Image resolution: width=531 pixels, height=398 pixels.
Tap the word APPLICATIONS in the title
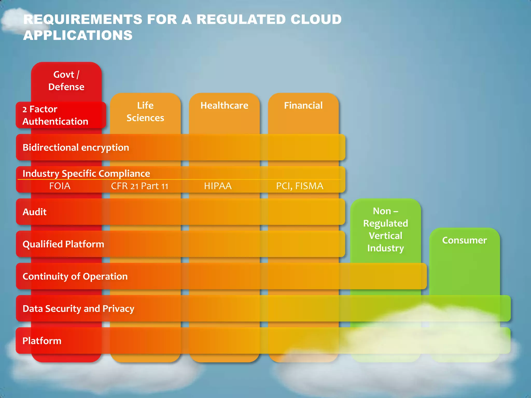click(x=78, y=35)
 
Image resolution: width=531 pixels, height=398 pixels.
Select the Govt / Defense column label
click(x=66, y=81)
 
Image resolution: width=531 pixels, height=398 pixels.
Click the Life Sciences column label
click(x=145, y=112)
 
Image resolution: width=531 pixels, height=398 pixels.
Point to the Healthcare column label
click(x=224, y=105)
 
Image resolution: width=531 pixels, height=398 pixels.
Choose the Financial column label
click(x=303, y=105)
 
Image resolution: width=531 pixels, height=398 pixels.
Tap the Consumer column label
click(x=464, y=240)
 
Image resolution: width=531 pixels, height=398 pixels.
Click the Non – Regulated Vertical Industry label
click(x=386, y=229)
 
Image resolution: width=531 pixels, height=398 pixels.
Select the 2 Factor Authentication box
click(x=55, y=115)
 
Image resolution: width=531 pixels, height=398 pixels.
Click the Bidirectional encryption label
click(x=76, y=147)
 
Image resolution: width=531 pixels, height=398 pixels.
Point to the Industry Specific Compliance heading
click(x=86, y=173)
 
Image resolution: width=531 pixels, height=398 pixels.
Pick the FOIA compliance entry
click(x=60, y=186)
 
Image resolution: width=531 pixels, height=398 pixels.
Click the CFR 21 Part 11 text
click(x=139, y=186)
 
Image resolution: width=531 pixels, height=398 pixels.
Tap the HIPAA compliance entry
click(x=218, y=186)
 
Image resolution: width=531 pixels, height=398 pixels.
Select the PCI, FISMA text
click(x=299, y=186)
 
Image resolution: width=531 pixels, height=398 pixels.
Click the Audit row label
click(x=34, y=212)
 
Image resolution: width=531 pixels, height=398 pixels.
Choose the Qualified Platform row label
click(x=63, y=244)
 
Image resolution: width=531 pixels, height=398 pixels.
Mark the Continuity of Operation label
click(x=75, y=276)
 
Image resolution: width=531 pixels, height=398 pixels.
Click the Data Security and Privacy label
click(x=78, y=309)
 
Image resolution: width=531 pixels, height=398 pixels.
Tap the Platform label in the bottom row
click(x=42, y=341)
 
